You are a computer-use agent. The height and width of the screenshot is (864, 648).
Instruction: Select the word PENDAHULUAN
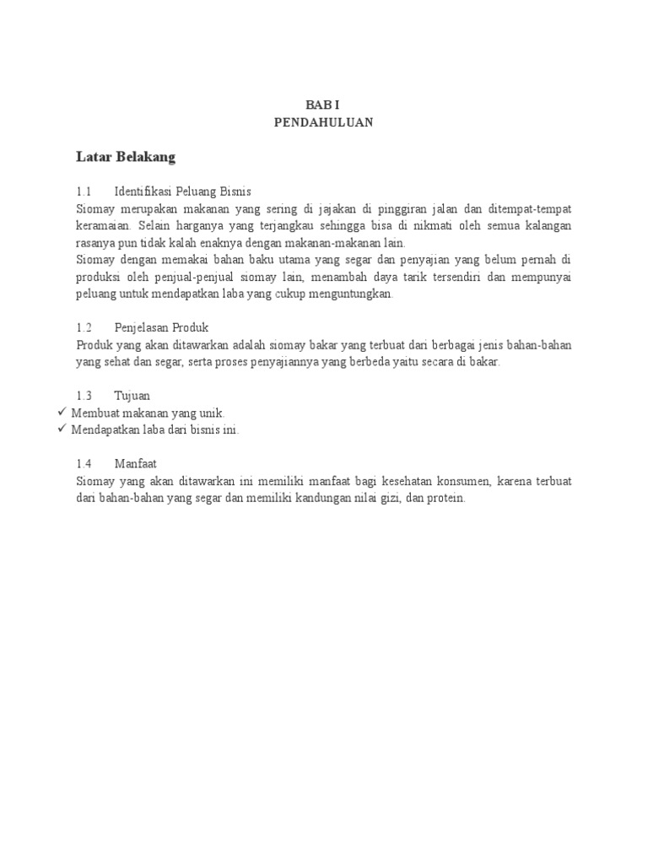323,122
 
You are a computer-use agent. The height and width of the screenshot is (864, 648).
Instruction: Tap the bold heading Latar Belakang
126,157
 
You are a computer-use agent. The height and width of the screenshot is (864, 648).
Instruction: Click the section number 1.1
83,192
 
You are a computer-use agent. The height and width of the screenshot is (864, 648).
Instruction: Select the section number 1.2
83,327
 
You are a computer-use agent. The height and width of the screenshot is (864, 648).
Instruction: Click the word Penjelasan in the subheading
142,327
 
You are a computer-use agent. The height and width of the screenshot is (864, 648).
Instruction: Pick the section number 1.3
83,395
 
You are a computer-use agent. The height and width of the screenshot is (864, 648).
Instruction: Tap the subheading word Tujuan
132,395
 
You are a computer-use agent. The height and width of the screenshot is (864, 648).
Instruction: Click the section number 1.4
83,463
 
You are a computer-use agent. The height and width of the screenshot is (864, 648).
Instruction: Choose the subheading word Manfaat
136,463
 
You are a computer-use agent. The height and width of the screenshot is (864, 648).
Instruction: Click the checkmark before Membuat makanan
61,412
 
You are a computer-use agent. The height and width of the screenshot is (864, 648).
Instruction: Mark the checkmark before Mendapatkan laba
61,429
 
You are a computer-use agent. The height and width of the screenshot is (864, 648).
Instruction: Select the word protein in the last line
446,499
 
